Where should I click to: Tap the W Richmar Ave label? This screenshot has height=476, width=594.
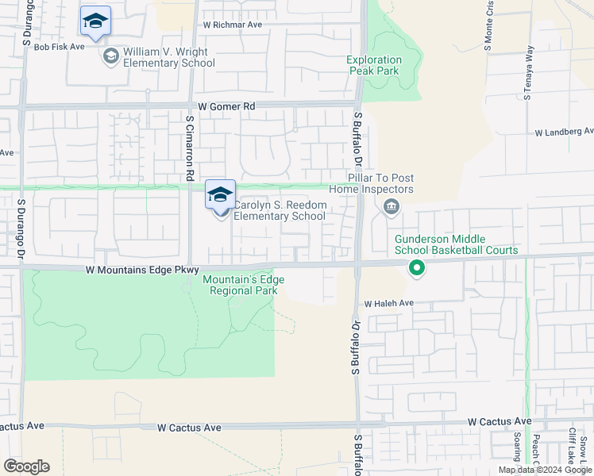[x=232, y=25]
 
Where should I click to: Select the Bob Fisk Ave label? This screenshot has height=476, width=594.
[x=59, y=47]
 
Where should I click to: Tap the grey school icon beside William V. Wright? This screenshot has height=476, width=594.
[x=110, y=56]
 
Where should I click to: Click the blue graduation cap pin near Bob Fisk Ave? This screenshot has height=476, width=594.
[x=95, y=21]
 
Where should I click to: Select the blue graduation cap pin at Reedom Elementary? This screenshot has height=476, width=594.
[x=220, y=194]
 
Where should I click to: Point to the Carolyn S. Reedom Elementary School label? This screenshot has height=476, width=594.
[x=279, y=210]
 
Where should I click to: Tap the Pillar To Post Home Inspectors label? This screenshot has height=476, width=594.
[x=380, y=184]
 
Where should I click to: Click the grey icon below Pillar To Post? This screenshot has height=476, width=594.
[x=391, y=208]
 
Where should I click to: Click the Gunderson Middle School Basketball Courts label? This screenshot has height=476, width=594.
[x=457, y=244]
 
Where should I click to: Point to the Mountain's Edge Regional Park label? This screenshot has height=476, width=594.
[x=243, y=284]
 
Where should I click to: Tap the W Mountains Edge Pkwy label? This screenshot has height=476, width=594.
[x=142, y=271]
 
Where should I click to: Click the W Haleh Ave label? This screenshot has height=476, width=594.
[x=389, y=303]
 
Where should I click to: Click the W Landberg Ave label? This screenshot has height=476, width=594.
[x=564, y=132]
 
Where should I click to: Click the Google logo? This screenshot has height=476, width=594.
[x=27, y=466]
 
